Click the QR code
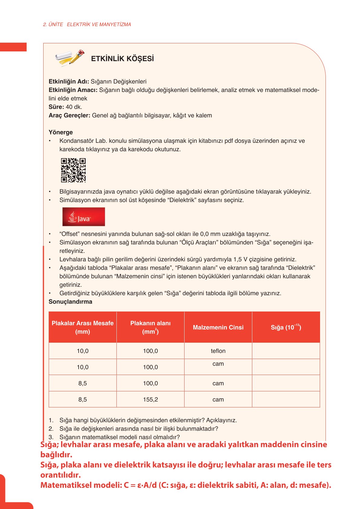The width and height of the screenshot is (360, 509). click(73, 170)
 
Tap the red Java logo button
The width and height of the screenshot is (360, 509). click(83, 217)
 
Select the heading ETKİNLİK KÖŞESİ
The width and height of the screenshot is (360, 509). click(122, 59)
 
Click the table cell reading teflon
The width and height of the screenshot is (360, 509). click(218, 351)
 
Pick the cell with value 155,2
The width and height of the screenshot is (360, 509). click(150, 399)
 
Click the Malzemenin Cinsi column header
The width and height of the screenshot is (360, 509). click(218, 327)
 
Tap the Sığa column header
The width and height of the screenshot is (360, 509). click(286, 327)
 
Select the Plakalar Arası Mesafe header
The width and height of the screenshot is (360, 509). click(83, 327)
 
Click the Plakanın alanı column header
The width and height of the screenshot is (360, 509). click(150, 327)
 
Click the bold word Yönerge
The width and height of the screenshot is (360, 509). click(61, 132)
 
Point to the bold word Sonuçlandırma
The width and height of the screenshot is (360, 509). click(70, 302)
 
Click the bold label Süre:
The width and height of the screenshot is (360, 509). click(56, 107)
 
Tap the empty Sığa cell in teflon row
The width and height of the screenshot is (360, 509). click(286, 351)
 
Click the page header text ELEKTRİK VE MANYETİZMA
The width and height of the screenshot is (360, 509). click(99, 24)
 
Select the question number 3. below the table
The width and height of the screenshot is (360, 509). click(51, 437)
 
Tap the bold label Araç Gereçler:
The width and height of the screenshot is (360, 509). click(69, 115)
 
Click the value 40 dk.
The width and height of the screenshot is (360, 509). click(74, 107)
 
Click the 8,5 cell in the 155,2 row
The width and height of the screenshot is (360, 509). click(83, 399)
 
